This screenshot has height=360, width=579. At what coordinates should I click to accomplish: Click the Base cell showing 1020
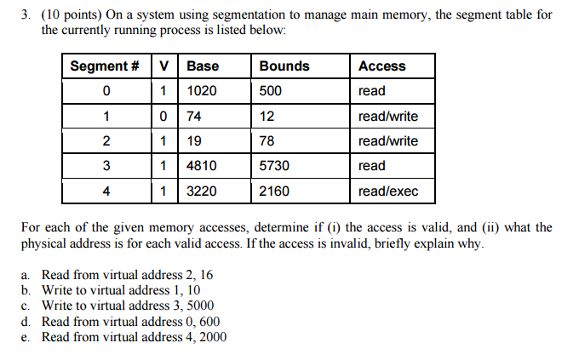(x=203, y=91)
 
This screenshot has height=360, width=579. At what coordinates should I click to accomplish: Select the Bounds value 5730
(x=275, y=166)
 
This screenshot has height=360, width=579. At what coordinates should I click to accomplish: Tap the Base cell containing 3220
(x=203, y=191)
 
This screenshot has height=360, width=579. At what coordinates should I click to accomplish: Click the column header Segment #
(x=105, y=66)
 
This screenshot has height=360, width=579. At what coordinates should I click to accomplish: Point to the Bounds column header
(x=284, y=66)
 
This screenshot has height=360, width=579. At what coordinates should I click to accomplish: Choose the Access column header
(x=382, y=66)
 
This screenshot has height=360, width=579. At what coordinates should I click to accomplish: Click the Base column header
(x=203, y=66)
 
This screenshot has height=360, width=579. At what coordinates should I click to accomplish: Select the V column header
(x=163, y=66)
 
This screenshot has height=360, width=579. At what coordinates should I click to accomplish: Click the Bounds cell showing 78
(x=267, y=141)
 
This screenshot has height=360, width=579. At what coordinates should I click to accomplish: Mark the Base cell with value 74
(x=195, y=117)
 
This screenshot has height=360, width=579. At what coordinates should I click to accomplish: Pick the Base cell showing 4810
(x=203, y=166)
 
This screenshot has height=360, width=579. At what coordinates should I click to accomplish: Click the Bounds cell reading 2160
(x=275, y=191)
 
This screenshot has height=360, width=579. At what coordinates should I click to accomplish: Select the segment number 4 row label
(x=105, y=191)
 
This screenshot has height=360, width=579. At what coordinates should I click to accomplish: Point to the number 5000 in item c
(x=198, y=306)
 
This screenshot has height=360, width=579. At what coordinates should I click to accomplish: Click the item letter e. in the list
(x=26, y=337)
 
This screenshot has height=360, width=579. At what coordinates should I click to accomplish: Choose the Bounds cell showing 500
(x=272, y=91)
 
